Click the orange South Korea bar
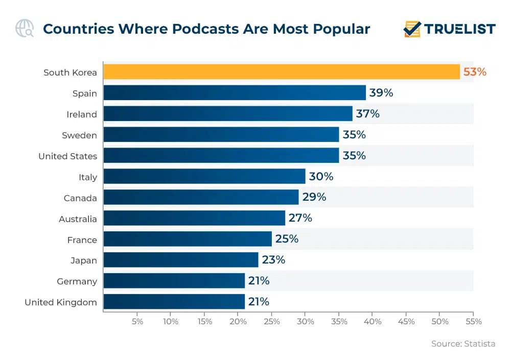[x=281, y=72]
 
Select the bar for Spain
[x=234, y=93]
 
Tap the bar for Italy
[x=204, y=177]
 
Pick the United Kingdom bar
[x=174, y=302]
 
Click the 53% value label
[x=475, y=72]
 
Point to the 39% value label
[x=381, y=93]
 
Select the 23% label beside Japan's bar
[x=273, y=260]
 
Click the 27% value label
[x=300, y=218]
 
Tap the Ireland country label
[x=81, y=114]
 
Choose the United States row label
[x=67, y=156]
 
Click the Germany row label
[x=77, y=281]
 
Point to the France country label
[x=82, y=239]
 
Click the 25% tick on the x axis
[x=272, y=322]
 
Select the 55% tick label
[x=473, y=322]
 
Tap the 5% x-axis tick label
[x=137, y=322]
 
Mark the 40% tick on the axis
[x=373, y=322]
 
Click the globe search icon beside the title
[x=24, y=28]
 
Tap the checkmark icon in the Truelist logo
[x=412, y=29]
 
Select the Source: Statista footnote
[x=463, y=344]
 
